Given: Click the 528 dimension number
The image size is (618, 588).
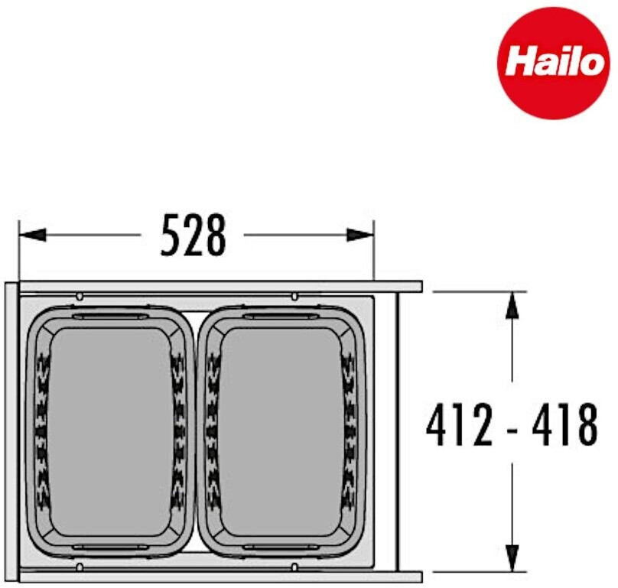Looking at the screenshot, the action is (194, 236).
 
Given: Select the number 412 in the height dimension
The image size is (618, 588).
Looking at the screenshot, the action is (460, 425).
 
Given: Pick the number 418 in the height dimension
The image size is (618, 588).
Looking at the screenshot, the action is (565, 425).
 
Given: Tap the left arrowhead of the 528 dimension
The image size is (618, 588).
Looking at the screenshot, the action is (32, 235).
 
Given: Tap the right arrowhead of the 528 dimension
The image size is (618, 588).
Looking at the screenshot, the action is (359, 235).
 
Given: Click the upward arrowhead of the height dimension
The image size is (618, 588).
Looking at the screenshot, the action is (512, 304).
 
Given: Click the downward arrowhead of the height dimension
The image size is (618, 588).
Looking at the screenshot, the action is (512, 557).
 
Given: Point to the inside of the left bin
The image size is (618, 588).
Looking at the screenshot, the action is (111, 431).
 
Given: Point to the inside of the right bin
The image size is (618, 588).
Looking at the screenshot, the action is (281, 431).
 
